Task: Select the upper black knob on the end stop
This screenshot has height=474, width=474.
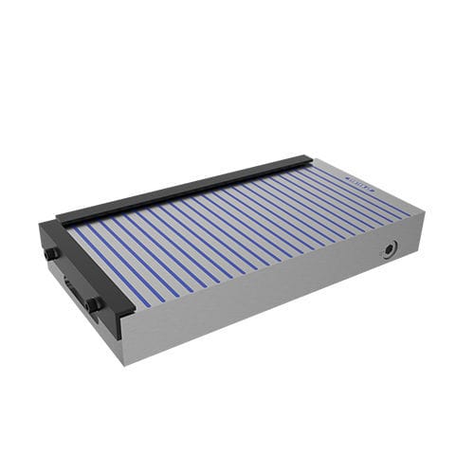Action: click(52, 253)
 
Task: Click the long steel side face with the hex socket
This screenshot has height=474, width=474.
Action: click(284, 294)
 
